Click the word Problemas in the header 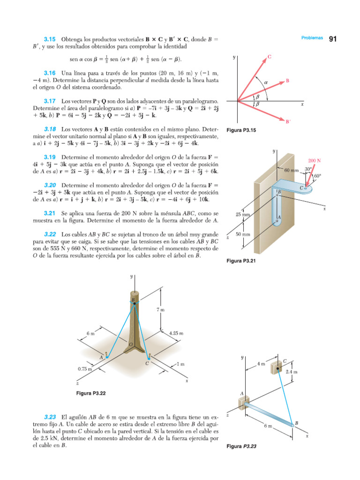[312, 38]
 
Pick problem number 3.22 [50, 234]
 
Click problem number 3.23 [50, 417]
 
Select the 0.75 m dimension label [85, 369]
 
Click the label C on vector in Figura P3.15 [270, 57]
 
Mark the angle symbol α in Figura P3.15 [265, 82]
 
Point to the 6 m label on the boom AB [267, 426]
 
